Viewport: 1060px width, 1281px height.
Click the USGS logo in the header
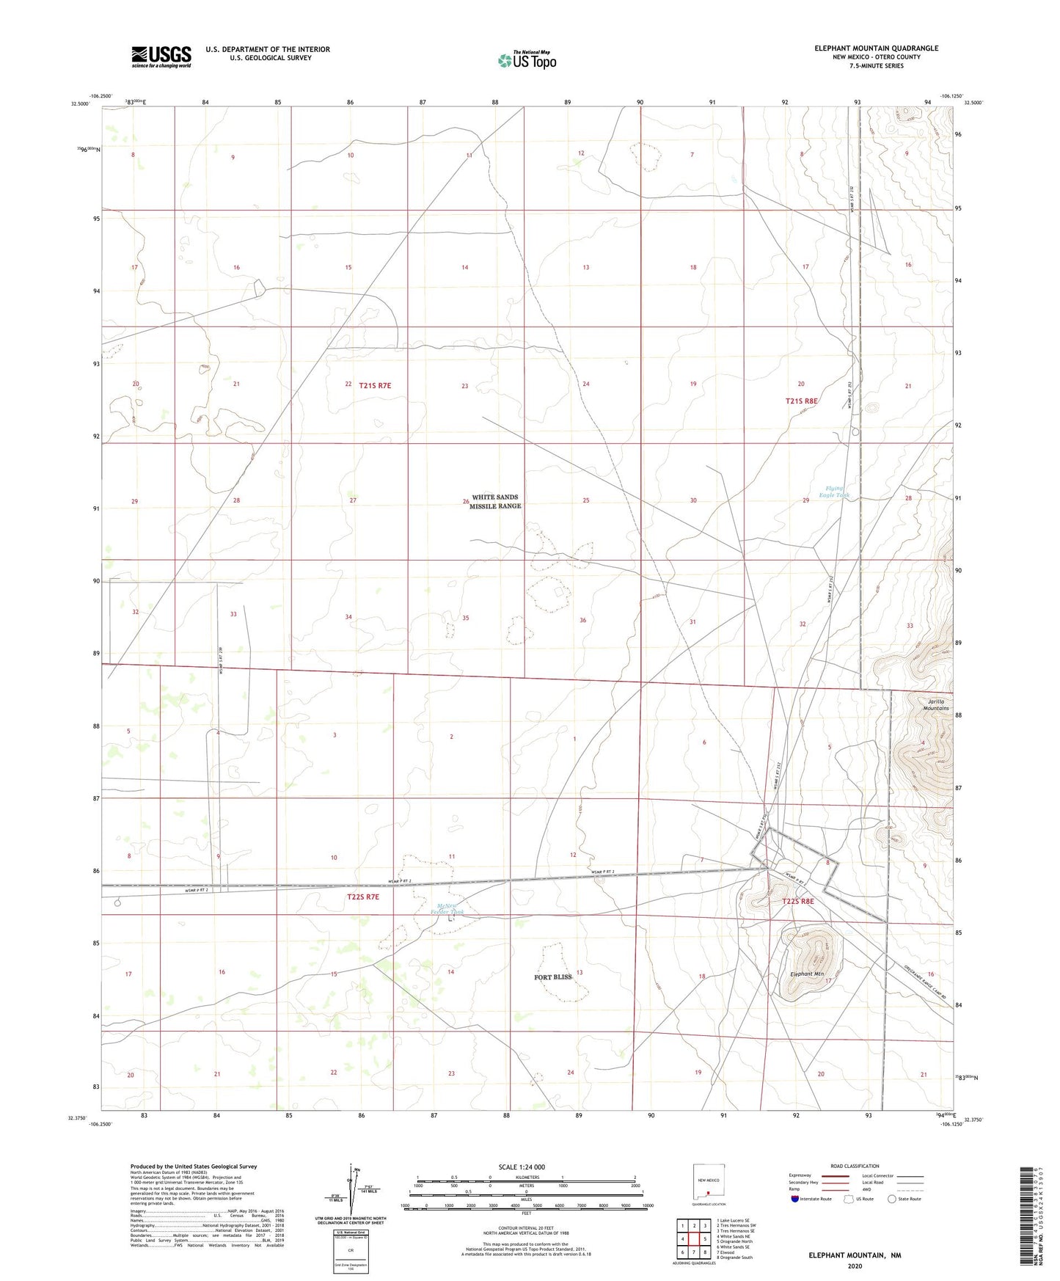click(161, 56)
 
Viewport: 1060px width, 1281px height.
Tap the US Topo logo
click(527, 60)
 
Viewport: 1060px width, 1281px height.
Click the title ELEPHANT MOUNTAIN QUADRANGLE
click(876, 48)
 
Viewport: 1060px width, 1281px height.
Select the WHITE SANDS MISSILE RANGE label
click(495, 502)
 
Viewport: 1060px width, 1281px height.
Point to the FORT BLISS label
click(553, 977)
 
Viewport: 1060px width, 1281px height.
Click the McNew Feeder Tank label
click(450, 909)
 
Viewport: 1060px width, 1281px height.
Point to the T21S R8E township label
click(801, 401)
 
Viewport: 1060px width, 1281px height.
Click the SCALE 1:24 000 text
click(522, 1167)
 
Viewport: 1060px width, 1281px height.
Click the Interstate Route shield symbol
click(795, 1199)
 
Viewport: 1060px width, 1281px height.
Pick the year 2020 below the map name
click(855, 1266)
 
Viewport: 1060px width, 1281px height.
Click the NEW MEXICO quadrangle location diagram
click(708, 1182)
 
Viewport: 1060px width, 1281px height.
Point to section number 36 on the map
click(583, 621)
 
